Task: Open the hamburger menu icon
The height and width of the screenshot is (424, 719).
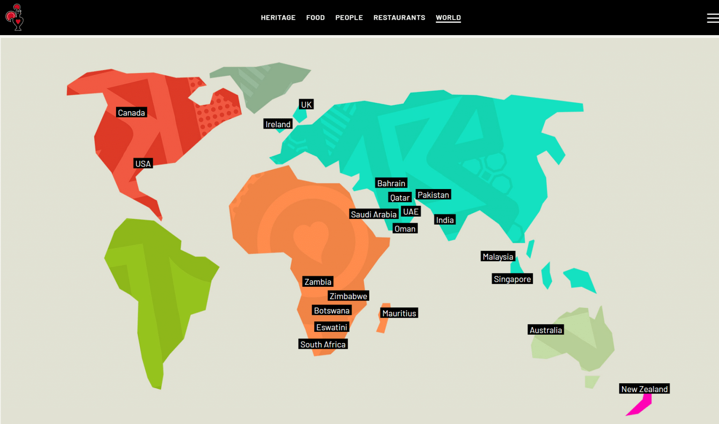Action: [x=712, y=18]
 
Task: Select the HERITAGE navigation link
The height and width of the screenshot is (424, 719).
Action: [x=278, y=18]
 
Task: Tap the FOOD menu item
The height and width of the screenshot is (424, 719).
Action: [x=315, y=18]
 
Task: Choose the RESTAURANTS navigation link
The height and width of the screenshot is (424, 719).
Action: [x=399, y=18]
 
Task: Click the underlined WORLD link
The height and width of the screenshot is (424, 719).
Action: [x=448, y=18]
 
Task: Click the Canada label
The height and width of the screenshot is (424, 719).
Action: [x=131, y=113]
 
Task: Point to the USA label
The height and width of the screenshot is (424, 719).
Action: [x=143, y=164]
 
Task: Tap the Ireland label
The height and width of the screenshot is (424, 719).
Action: [x=278, y=124]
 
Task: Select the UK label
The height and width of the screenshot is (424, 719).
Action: [x=306, y=105]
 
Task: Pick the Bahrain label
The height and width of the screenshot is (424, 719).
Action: [x=391, y=183]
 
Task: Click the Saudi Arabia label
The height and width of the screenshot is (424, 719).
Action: [x=374, y=214]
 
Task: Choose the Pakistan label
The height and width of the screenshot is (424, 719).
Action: [x=433, y=195]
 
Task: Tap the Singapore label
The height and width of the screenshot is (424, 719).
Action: [x=512, y=279]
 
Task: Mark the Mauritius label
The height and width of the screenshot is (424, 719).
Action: [x=399, y=314]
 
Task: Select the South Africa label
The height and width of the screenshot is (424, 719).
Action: [x=323, y=344]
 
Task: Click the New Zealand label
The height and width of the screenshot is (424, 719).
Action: [x=644, y=389]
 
